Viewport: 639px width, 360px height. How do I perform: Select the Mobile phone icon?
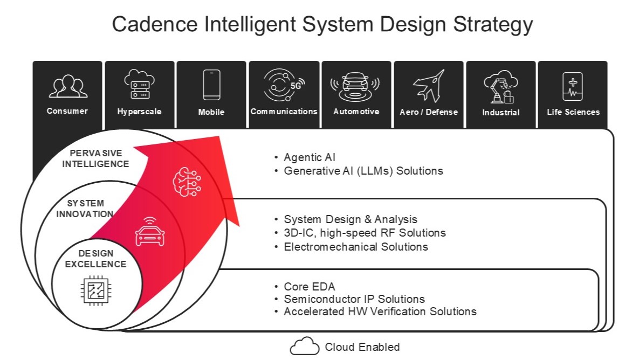pos(211,85)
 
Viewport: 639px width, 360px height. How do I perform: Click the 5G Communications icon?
pos(284,85)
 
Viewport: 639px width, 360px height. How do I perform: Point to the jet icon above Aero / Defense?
pos(429,86)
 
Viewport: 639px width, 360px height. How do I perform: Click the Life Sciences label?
pos(573,112)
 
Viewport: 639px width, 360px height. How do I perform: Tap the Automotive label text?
pos(356,112)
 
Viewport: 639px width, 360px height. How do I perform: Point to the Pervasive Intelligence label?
pos(95,158)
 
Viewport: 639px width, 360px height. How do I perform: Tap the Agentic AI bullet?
pos(310,157)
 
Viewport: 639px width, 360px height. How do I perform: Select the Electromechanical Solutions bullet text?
pos(356,247)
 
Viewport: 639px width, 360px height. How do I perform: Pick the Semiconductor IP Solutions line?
pos(354,299)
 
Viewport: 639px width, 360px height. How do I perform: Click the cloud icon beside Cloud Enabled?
pos(305,346)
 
